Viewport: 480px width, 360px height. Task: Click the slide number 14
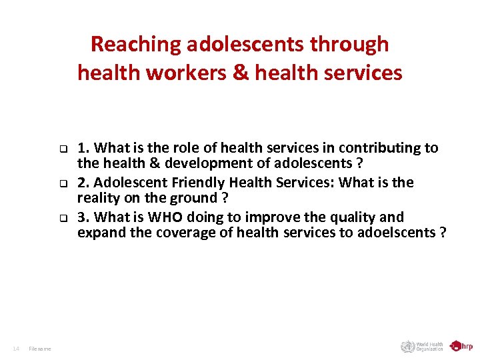16,348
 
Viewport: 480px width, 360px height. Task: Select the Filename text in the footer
40,348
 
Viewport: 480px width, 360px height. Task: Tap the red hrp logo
461,346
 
